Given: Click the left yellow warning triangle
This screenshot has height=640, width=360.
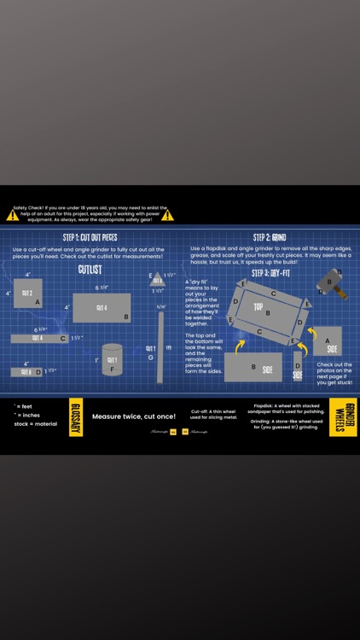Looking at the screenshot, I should pos(12,215).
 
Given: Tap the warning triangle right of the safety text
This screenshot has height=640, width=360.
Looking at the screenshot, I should pos(178,215).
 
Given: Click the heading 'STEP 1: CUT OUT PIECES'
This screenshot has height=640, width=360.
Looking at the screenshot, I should pos(90,237).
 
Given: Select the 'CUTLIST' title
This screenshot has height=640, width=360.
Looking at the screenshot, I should pos(90,269).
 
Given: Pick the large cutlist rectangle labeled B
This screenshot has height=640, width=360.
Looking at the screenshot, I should pos(102,308).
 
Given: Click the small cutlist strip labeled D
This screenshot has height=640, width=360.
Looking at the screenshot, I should pos(26,372).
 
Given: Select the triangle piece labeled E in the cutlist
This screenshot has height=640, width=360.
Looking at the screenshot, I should pos(158,279).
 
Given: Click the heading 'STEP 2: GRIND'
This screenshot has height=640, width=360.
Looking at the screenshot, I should pos(269,237).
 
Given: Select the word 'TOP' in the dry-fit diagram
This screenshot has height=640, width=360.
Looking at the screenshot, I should pos(258,306).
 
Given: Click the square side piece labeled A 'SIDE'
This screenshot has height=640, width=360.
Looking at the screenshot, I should pos(328,341).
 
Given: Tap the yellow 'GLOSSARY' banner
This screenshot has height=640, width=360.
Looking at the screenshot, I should pos(76,416).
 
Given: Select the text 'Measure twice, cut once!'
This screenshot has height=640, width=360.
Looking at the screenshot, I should pos(133,416).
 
